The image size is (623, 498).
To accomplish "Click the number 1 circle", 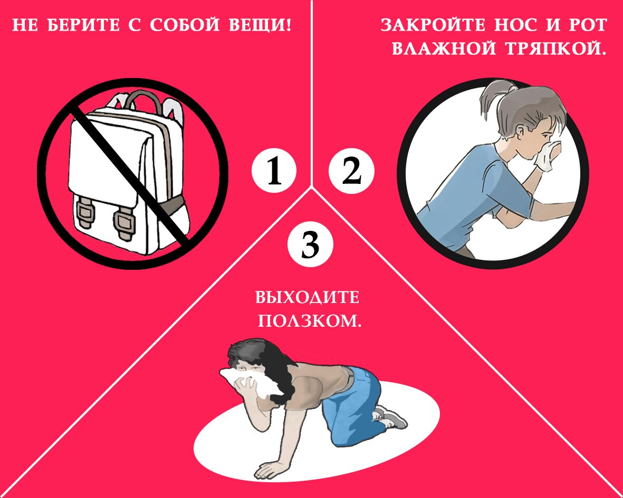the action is point(274,171).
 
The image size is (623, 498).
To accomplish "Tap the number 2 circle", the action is point(351,171).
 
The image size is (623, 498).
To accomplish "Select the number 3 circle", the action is point(310,243).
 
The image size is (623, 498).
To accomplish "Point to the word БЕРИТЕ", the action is point(83,25).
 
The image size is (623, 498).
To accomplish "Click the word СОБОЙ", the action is point(185,25).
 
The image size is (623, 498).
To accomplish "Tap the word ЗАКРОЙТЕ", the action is point(433,25).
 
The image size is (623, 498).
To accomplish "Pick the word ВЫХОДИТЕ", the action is point(307,298).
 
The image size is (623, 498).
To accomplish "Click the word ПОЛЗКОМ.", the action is point(310,320).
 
